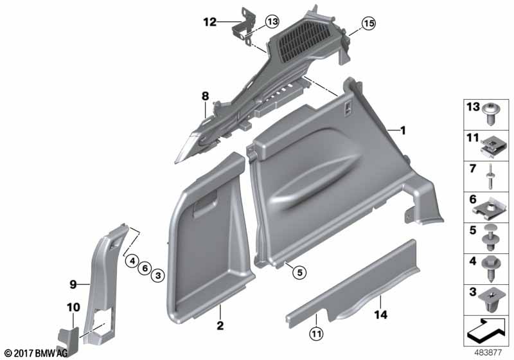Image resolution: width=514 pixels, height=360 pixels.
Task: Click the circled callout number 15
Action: pos(368,23)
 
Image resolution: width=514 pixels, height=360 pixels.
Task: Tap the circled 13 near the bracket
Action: pos(272,22)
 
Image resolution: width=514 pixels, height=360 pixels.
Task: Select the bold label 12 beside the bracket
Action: pos(210,22)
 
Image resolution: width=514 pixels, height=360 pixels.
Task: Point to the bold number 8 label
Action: pos(205,96)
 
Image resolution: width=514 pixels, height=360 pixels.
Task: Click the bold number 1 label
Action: pos(403,130)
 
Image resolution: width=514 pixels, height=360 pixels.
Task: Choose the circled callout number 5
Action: pos(299,272)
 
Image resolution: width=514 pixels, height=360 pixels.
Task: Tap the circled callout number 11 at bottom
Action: pos(316,334)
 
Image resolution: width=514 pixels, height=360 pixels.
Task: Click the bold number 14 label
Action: pos(380,315)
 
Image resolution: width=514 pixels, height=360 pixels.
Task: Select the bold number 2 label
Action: pos(220,325)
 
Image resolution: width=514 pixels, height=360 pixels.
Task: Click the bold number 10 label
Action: pos(73,307)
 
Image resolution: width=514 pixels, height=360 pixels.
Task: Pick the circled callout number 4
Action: pos(132,261)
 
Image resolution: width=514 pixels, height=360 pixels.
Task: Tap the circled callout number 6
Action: pos(145,268)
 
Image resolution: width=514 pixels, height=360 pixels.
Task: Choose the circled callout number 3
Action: pos(157,275)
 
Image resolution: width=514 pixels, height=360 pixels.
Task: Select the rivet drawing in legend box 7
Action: pos(490,177)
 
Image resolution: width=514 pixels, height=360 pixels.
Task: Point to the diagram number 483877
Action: pos(488,353)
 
